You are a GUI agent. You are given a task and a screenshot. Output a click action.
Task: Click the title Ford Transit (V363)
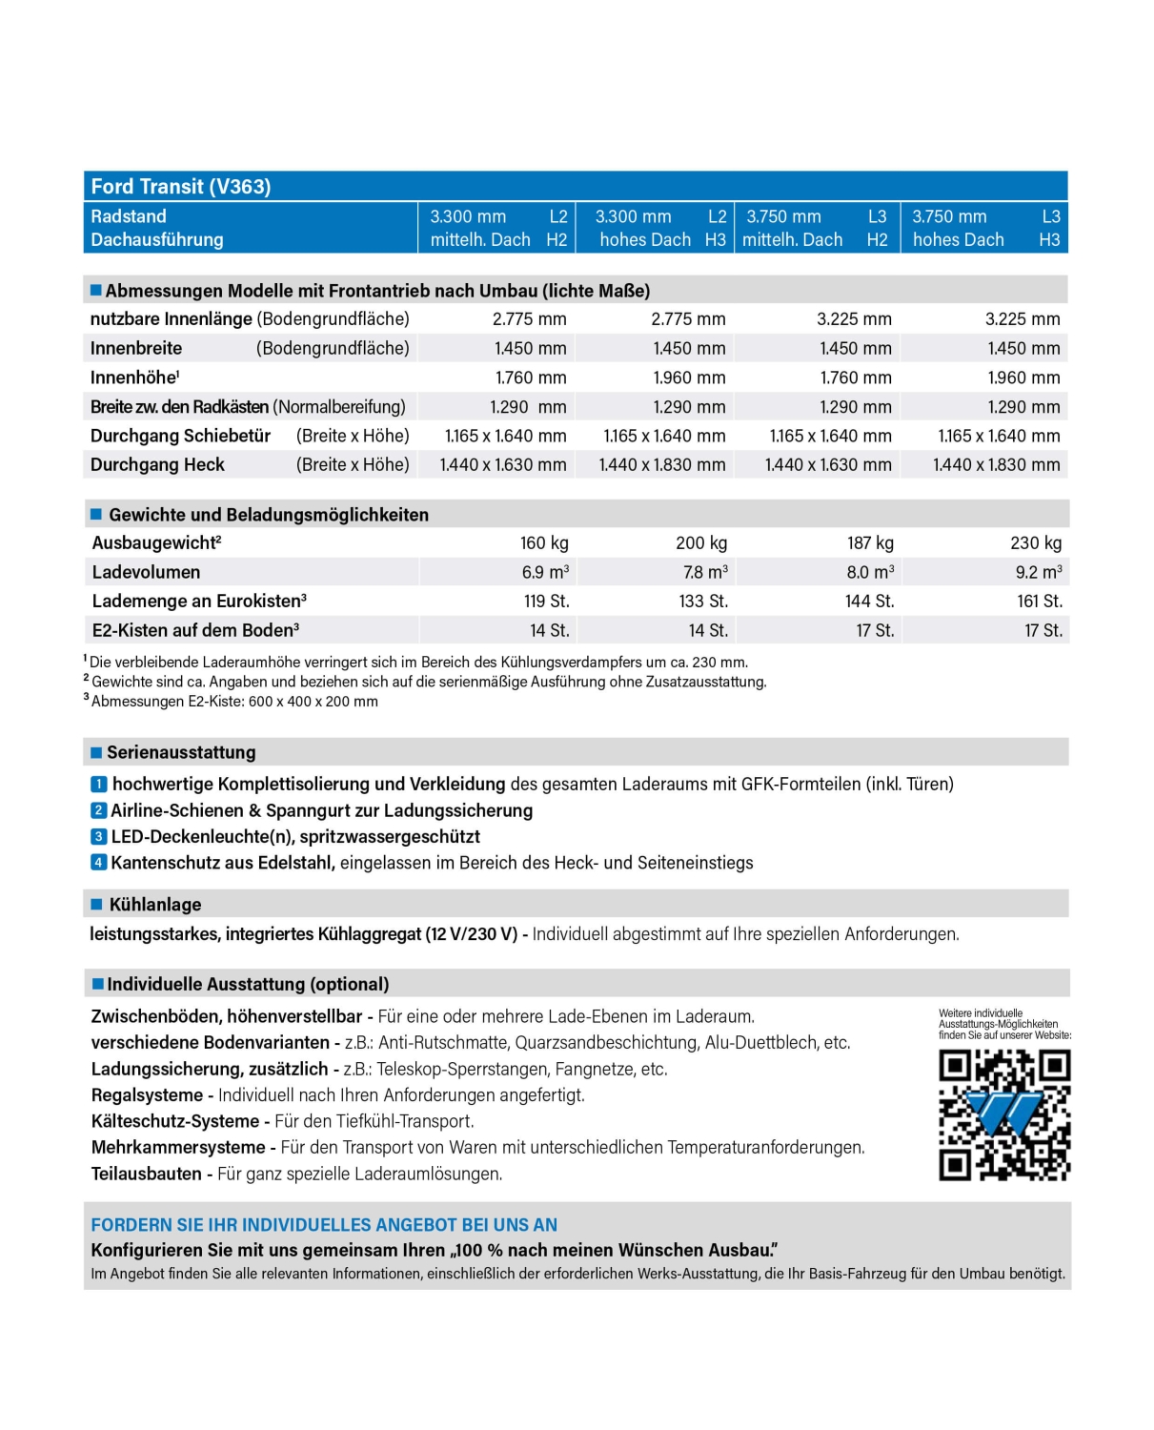coord(181,187)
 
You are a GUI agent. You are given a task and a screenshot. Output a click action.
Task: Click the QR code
coord(1004,1114)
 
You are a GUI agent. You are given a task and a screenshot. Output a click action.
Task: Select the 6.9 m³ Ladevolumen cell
coord(545,572)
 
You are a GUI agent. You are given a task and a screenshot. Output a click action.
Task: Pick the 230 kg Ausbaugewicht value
coord(1036,542)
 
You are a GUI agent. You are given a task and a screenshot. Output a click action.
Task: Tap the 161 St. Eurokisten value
coord(1039,602)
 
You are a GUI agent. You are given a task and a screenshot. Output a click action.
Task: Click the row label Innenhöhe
coord(134,378)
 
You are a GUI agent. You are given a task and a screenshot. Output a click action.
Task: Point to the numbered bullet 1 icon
coord(98,785)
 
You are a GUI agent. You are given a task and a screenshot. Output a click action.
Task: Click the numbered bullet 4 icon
coord(98,863)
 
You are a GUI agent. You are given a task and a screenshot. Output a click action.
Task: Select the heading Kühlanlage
coord(154,905)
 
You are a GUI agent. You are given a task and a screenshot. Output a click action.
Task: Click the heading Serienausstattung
coord(181,752)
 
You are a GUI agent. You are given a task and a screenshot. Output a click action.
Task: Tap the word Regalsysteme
coord(147,1095)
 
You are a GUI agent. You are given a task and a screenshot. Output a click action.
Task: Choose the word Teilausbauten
coord(146,1174)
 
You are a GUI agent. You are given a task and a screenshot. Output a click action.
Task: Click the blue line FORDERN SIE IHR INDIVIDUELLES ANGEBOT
coord(324,1225)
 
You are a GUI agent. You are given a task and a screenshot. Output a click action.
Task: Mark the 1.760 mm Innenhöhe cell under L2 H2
coord(531,378)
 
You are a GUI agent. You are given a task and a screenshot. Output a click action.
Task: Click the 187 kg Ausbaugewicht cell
coord(870,542)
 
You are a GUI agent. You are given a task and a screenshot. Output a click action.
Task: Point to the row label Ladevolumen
coord(146,572)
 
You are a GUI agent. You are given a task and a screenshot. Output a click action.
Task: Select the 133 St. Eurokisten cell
coord(703,602)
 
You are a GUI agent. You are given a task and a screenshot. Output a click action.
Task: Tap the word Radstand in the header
coord(129,216)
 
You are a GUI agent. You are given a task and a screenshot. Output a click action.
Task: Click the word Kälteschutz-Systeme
coord(174,1121)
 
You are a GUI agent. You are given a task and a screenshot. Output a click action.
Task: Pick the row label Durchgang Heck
coord(157,465)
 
